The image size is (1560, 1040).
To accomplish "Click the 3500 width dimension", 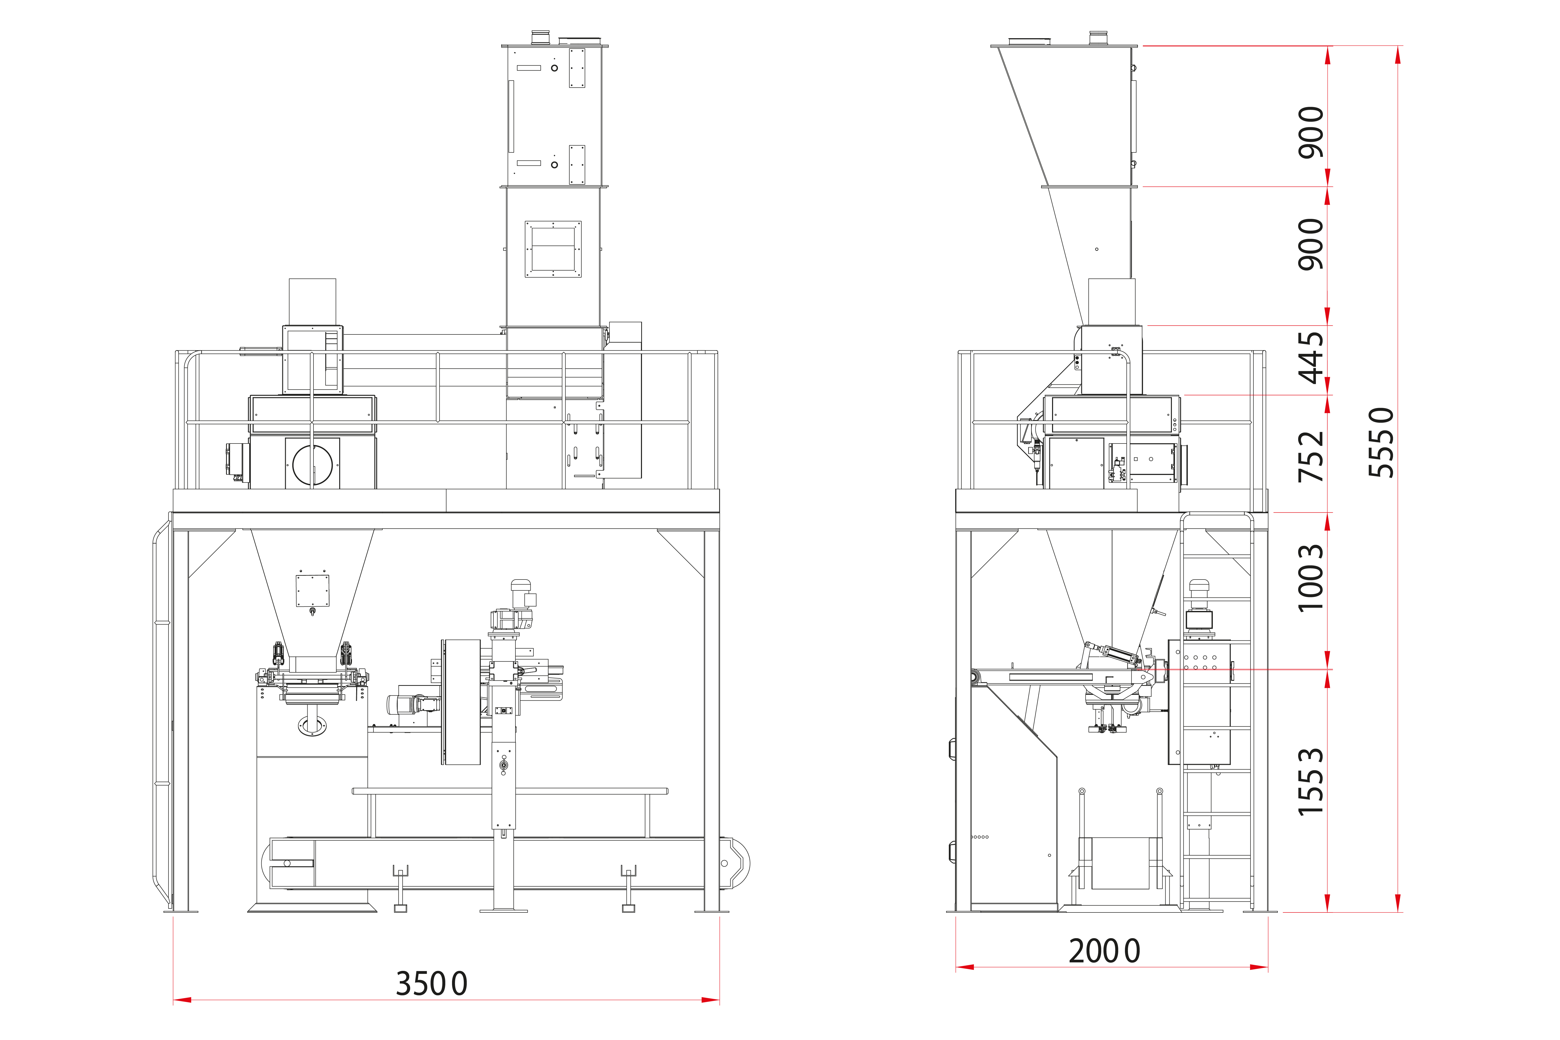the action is click(x=432, y=984).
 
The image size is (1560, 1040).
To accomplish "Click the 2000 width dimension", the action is click(x=1104, y=951).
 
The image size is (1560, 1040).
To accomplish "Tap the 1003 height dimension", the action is click(x=1311, y=578).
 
